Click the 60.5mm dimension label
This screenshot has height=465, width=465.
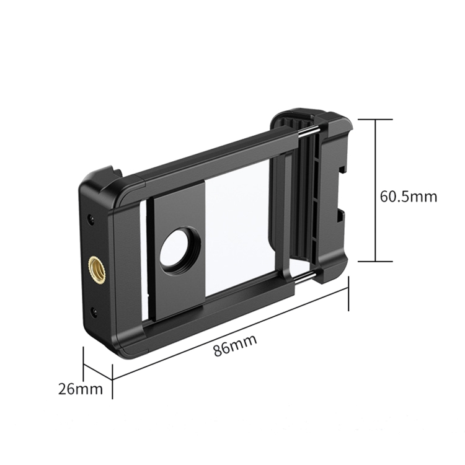[x=409, y=197]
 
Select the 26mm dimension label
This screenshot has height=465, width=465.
[x=81, y=389]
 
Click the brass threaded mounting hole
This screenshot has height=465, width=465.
[x=97, y=267]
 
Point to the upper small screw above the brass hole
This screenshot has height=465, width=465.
[x=91, y=219]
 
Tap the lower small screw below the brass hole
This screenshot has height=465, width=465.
[x=94, y=311]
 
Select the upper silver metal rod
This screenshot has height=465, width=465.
[x=309, y=131]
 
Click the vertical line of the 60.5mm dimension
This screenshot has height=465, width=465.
[x=376, y=190]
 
